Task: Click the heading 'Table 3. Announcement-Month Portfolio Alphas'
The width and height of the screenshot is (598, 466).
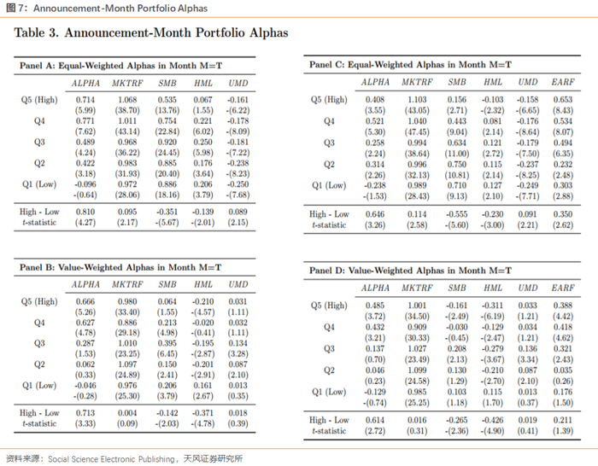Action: click(151, 33)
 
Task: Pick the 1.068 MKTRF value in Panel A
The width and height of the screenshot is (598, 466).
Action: click(126, 99)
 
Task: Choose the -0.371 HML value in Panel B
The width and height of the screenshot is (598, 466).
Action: click(202, 413)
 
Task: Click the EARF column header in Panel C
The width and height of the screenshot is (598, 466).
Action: click(563, 82)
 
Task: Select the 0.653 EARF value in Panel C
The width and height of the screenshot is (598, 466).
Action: click(563, 99)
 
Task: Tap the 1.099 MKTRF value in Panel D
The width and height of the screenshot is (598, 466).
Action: click(416, 370)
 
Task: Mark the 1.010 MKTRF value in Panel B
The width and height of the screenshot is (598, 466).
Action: click(126, 342)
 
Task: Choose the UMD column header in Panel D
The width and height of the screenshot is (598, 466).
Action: click(528, 288)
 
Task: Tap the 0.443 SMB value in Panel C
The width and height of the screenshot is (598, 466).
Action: click(457, 120)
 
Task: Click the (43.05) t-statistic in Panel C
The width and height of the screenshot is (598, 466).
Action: click(416, 110)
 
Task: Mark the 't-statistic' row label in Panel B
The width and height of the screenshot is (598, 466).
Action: click(39, 423)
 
